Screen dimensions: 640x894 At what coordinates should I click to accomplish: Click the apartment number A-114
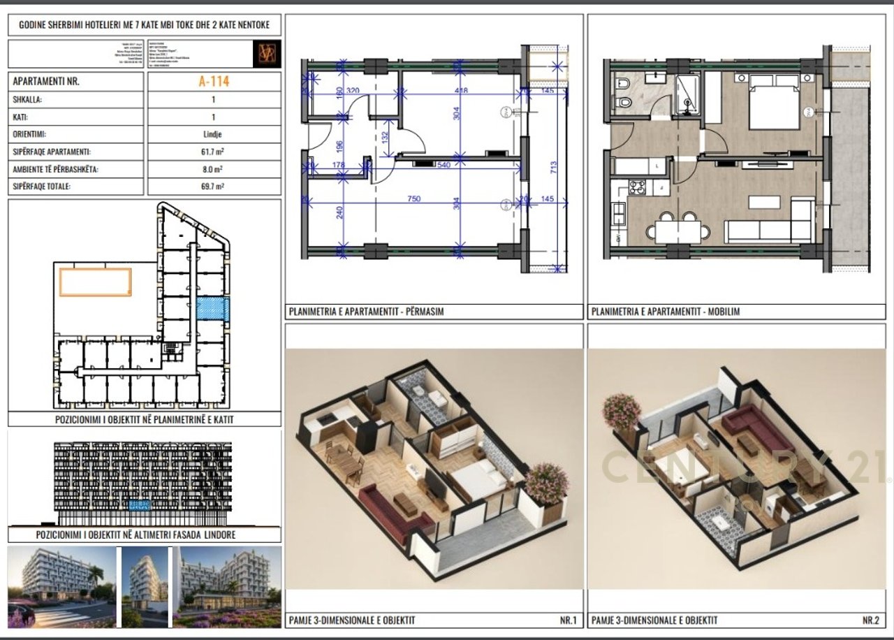[214, 81]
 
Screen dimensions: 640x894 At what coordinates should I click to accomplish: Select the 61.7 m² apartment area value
[214, 152]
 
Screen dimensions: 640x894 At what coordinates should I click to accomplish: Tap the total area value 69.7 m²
[214, 187]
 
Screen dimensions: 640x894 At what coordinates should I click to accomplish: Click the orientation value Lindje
[214, 134]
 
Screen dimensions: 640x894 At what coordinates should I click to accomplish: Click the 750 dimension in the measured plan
[414, 199]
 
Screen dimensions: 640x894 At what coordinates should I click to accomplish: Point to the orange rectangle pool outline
[95, 282]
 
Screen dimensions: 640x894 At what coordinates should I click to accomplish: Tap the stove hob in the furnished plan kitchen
[638, 187]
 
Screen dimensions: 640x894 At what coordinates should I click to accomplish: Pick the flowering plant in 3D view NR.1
[546, 482]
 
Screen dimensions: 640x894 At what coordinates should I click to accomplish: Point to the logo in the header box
[267, 54]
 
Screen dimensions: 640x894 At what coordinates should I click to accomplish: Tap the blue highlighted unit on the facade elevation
[138, 505]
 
